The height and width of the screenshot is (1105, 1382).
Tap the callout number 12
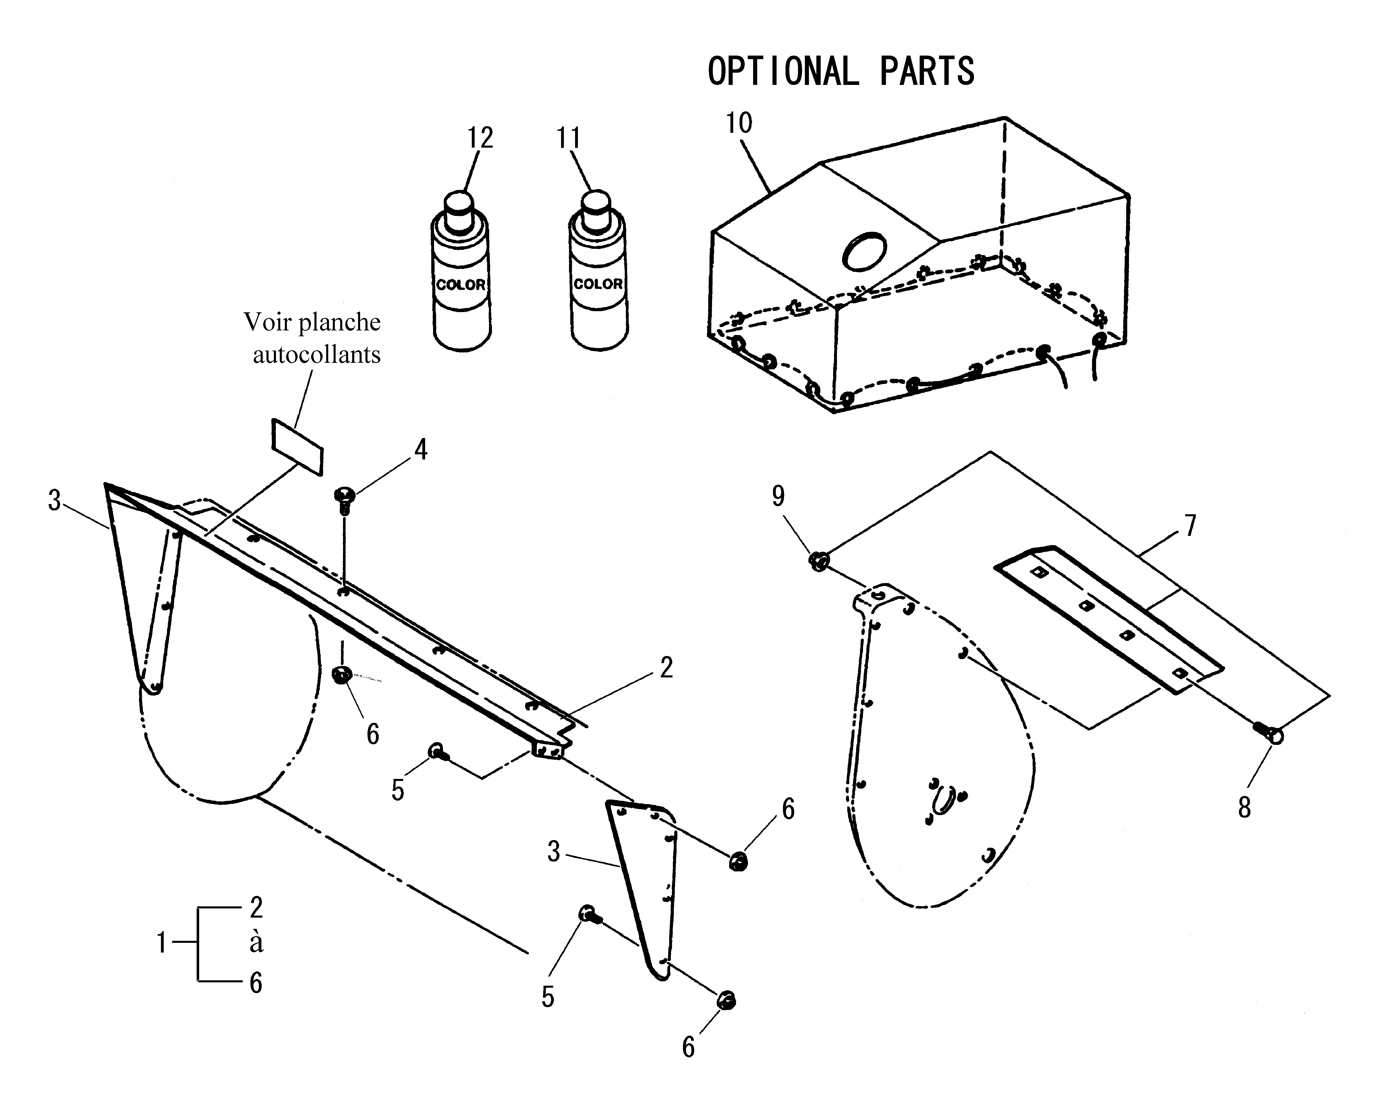point(480,138)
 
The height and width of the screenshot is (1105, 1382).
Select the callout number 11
point(568,138)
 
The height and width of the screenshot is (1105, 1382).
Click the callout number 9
point(778,496)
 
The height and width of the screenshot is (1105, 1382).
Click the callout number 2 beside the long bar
point(667,668)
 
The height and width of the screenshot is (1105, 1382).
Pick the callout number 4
point(421,450)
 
